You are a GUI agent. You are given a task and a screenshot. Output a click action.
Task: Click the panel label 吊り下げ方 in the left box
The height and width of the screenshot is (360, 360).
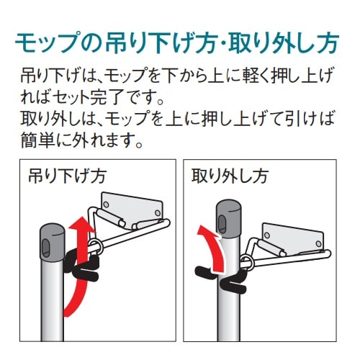[67, 176]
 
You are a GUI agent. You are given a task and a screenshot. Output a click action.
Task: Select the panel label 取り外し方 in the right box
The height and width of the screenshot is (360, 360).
[230, 176]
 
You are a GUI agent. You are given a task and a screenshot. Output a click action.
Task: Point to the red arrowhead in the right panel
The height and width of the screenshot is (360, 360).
[208, 233]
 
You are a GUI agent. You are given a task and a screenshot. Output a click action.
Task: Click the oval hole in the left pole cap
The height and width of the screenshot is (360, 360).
[45, 248]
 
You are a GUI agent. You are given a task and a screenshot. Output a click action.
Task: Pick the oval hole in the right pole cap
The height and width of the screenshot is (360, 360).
[222, 224]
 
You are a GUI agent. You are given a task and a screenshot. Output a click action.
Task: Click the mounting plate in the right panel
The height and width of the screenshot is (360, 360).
[293, 238]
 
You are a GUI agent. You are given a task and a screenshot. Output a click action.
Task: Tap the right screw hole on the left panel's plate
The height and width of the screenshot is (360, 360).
[158, 212]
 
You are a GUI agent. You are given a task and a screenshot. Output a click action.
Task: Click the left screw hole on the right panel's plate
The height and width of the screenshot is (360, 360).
[266, 235]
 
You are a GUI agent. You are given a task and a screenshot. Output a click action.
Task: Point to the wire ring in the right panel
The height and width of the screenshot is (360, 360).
[246, 262]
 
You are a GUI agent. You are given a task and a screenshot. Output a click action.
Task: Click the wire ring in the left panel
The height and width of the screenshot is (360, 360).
[96, 246]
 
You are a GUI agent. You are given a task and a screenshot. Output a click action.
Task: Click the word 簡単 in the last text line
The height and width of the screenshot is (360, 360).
[38, 140]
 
